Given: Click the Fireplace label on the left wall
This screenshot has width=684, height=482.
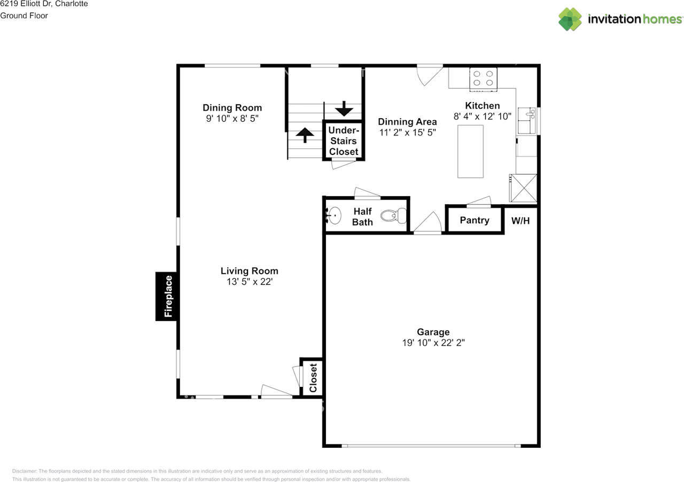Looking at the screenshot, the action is [x=168, y=296].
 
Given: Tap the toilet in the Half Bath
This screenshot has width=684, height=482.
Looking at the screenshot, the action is [x=394, y=216].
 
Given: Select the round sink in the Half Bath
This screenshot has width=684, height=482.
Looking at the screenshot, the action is [x=334, y=215].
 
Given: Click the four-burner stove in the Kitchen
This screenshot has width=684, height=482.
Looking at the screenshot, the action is [x=483, y=79].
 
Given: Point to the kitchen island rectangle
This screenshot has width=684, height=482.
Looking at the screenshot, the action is [x=470, y=152].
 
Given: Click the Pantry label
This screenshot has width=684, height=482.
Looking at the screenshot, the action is [x=475, y=220].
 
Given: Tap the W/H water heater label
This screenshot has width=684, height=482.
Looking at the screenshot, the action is [x=520, y=221].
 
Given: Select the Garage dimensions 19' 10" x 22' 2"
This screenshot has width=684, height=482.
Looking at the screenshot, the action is [x=433, y=343].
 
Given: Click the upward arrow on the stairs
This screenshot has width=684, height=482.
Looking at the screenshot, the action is [x=305, y=135].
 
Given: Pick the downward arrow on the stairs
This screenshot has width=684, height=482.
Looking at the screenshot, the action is [x=344, y=108].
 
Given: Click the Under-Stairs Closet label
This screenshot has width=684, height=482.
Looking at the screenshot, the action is [x=344, y=141].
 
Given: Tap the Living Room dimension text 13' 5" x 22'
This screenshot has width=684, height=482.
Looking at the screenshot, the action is [x=250, y=282].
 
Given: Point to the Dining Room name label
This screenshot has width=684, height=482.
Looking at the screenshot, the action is [x=232, y=107].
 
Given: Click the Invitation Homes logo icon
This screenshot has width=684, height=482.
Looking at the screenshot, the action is [x=570, y=19].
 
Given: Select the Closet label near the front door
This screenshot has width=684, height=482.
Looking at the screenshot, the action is [x=313, y=378].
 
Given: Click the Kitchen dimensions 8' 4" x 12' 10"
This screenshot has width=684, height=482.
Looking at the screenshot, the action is [x=483, y=116].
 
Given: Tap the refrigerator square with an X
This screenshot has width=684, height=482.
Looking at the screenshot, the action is [x=523, y=188].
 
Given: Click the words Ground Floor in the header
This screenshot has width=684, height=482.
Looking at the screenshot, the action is [x=24, y=15].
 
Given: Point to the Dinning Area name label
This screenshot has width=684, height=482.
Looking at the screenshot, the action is [x=407, y=122].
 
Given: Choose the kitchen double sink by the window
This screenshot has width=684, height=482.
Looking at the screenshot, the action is [x=526, y=121].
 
